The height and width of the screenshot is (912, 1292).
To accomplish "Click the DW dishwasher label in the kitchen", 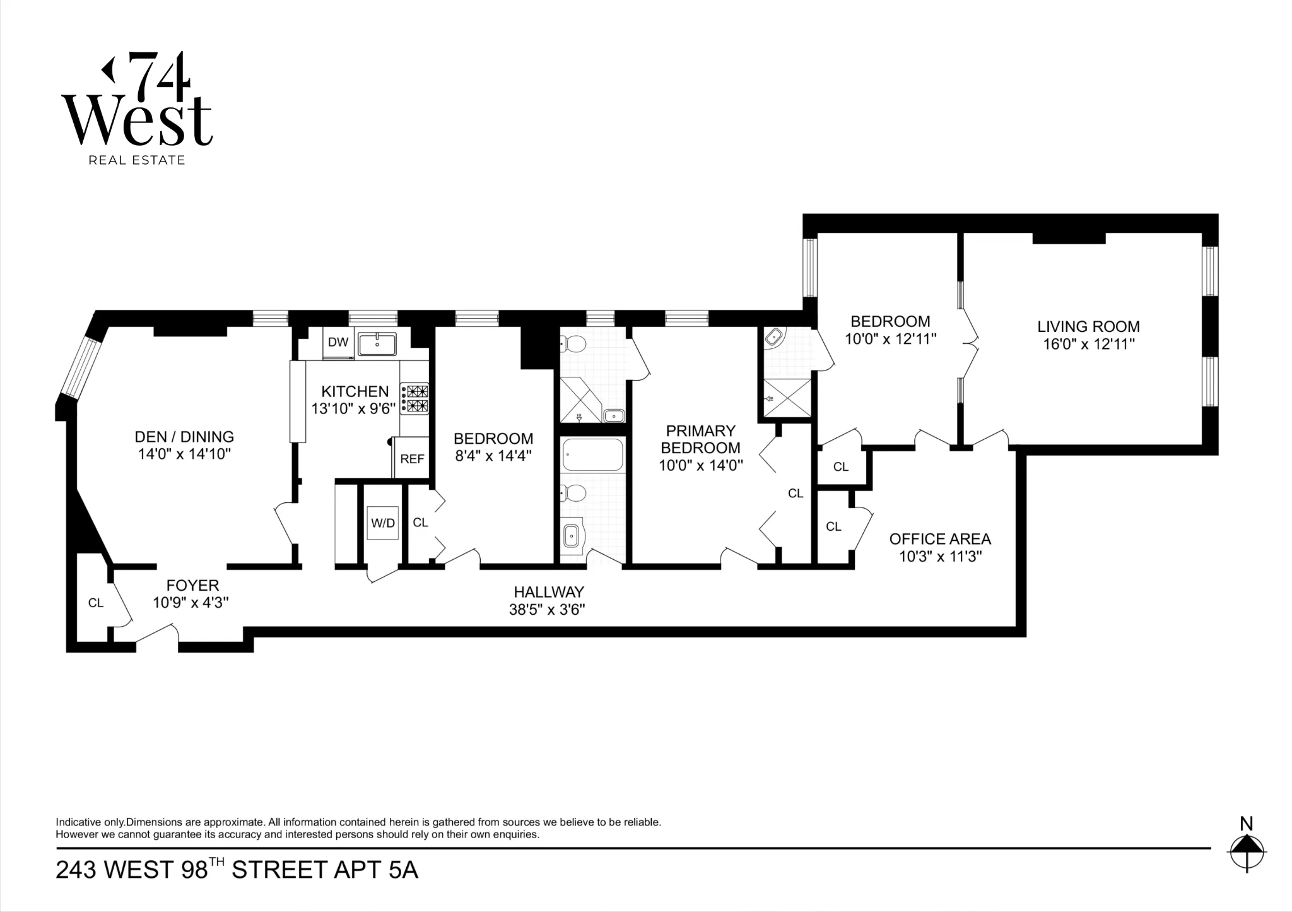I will point(338,342).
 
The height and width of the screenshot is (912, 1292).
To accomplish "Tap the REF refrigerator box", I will point(412,459).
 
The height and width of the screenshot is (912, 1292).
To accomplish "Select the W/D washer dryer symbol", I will point(382,523).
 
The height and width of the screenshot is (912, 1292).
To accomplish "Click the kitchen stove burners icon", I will point(414,399).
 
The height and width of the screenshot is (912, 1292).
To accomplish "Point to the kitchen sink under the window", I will point(377,345).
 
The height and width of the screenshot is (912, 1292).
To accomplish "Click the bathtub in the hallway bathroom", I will point(593,454).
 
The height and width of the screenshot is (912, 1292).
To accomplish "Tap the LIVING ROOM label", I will point(1088,326).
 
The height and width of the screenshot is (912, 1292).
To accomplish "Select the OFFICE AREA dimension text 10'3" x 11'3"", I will point(940,557).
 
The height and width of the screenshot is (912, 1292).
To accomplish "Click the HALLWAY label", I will point(548,592).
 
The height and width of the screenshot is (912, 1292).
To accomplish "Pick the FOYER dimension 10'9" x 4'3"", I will point(191,603).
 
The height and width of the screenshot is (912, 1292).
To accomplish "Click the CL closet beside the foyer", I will point(96,603).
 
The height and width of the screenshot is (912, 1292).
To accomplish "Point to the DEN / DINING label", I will point(184,437).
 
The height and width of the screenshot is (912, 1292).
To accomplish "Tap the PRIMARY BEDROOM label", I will point(700,439).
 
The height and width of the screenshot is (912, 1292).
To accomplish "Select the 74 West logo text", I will point(137,101).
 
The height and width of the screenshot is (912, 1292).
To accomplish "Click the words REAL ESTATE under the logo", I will point(137,160).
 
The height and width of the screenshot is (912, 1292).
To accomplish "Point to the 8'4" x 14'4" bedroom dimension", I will point(493,455).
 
